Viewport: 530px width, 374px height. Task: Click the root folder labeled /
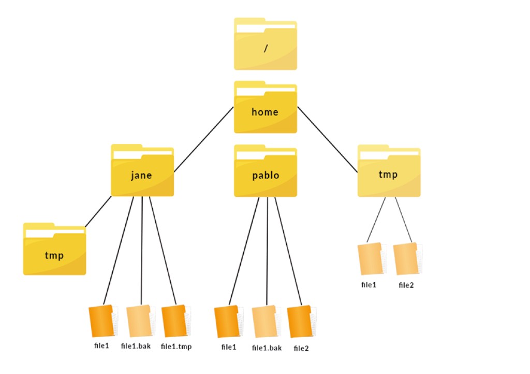coord(266,44)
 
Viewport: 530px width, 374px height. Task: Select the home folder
coord(266,107)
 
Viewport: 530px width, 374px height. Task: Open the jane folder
coord(142,170)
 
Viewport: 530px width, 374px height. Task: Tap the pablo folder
coord(266,171)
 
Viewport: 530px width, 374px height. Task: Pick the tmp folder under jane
coord(54,249)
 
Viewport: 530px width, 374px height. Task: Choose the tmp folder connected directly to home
coord(389,171)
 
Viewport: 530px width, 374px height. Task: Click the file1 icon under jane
coord(103,321)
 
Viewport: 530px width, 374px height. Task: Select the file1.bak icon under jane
coord(141,321)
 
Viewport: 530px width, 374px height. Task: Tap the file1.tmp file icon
coord(176,321)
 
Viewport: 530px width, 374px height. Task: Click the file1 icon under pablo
coord(229,322)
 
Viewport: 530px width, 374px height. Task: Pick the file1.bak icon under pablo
coord(267,322)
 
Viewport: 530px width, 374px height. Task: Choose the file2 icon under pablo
coord(302,322)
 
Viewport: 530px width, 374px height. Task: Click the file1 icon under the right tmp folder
coord(372,258)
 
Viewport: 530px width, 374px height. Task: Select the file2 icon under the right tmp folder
coord(408,258)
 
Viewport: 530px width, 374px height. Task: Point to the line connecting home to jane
coord(203,140)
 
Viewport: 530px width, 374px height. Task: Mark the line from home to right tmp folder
coord(327,140)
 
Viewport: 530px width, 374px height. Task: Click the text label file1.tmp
coord(176,347)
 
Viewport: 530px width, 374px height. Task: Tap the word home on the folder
coord(265,112)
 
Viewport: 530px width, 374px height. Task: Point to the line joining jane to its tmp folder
coord(98,211)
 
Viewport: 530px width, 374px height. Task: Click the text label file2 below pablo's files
coord(301,348)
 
